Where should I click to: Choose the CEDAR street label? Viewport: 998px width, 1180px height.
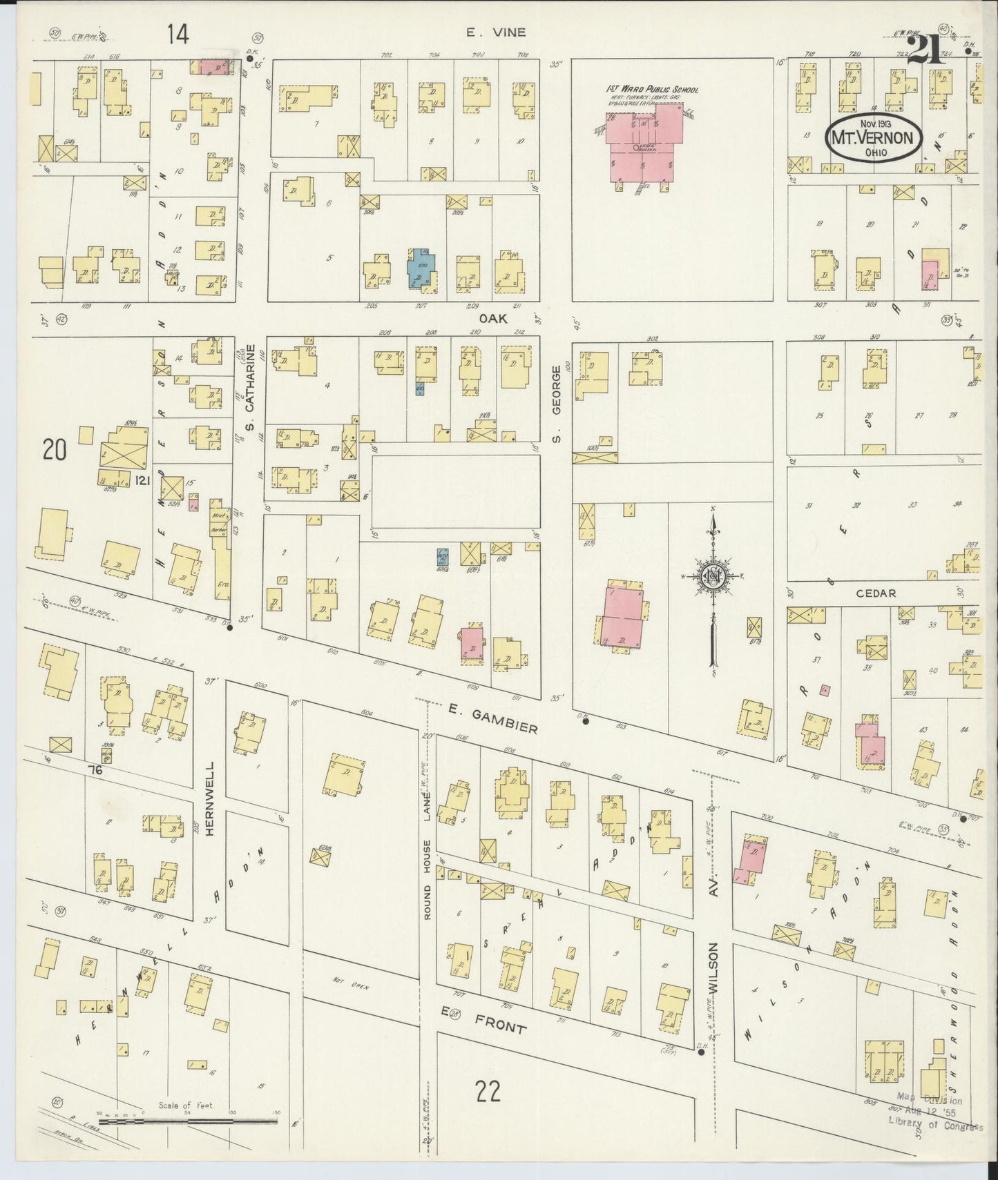point(876,593)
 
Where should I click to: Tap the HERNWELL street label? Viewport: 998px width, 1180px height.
point(210,798)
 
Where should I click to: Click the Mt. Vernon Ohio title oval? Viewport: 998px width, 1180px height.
point(874,137)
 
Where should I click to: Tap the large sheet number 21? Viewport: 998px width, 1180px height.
point(925,50)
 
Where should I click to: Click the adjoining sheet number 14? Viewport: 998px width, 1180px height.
point(177,35)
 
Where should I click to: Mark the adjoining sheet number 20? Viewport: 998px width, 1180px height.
point(54,451)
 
